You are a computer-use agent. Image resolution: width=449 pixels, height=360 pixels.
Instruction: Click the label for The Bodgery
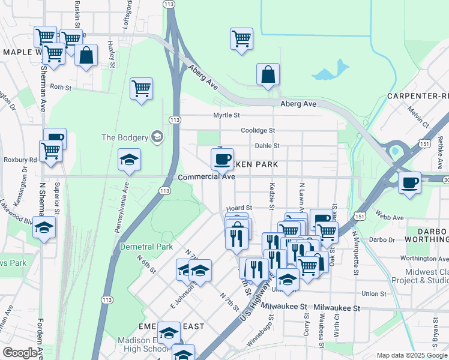[x=124, y=137]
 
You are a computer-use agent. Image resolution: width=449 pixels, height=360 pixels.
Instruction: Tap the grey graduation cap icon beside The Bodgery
[x=157, y=137]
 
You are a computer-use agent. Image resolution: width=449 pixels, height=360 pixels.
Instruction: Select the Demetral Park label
[x=146, y=247]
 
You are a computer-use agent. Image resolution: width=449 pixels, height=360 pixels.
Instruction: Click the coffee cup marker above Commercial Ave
[x=222, y=159]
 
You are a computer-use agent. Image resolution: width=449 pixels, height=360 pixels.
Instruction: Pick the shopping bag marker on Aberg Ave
[x=268, y=75]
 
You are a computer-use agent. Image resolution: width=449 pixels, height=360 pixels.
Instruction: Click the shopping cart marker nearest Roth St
[x=141, y=89]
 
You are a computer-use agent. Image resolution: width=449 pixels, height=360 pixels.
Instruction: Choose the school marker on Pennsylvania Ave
[x=129, y=160]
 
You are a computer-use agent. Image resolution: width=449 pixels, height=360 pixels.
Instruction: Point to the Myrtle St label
[x=226, y=115]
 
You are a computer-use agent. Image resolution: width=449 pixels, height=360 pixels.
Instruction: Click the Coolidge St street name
[x=258, y=130]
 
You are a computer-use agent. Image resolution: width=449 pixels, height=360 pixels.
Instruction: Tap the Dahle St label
[x=267, y=145]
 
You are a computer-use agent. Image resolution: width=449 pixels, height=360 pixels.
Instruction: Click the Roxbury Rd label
[x=20, y=160]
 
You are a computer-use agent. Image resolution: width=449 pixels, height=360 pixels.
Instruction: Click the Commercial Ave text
[x=206, y=177]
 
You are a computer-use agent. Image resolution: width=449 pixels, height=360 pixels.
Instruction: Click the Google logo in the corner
[x=20, y=353]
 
